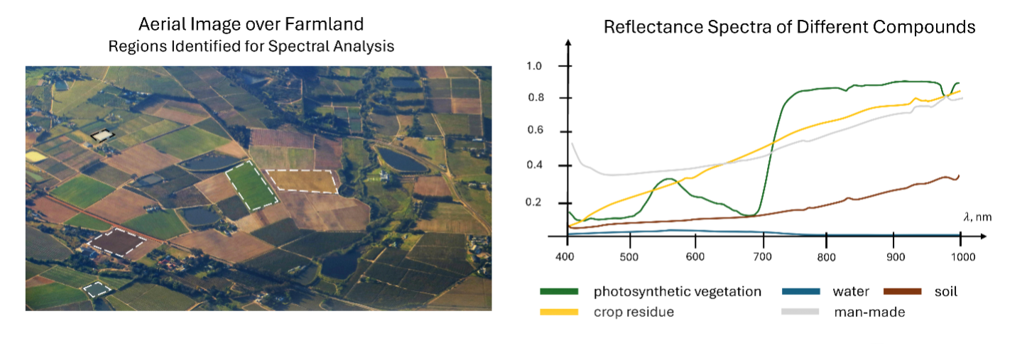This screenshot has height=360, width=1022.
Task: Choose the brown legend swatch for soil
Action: point(903,291)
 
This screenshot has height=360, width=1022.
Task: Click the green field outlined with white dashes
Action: point(251,184)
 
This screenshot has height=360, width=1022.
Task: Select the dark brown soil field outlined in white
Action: point(117,242)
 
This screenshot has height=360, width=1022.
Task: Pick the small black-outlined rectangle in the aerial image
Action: point(102,135)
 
